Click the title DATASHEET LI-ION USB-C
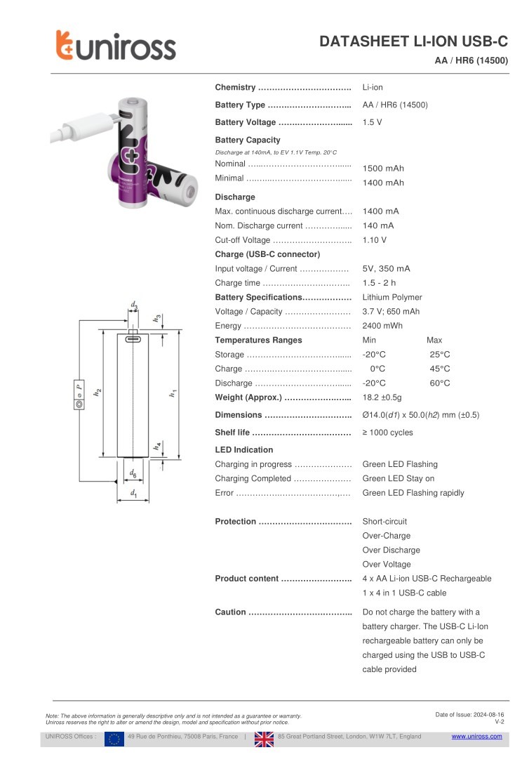click(x=413, y=42)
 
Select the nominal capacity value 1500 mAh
click(x=383, y=169)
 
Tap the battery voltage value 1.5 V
click(x=372, y=122)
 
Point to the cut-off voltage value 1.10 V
click(x=374, y=240)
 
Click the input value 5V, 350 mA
click(x=386, y=269)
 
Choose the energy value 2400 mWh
click(x=382, y=326)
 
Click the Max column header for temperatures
click(x=434, y=341)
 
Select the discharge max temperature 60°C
click(x=439, y=383)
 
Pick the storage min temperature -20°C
click(x=374, y=355)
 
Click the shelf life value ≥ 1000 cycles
click(x=387, y=433)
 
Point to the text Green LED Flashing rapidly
click(x=413, y=493)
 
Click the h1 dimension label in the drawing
click(x=172, y=394)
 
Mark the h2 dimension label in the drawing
click(x=98, y=394)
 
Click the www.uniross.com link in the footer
click(x=476, y=737)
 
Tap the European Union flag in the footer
click(x=114, y=738)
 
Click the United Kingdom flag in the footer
click(x=264, y=738)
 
